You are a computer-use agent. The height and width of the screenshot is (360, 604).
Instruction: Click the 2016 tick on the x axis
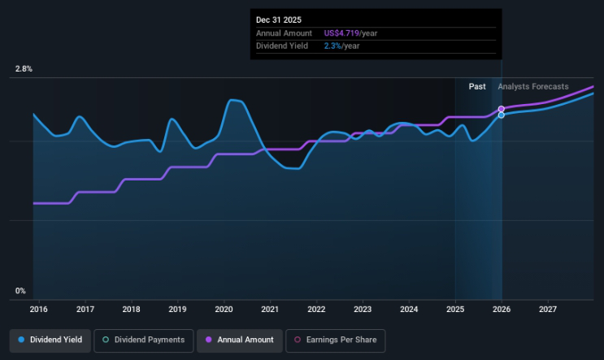[39, 310]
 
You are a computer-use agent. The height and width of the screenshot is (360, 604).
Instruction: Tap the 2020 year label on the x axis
[224, 310]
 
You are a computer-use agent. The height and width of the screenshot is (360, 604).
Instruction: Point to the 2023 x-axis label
[363, 310]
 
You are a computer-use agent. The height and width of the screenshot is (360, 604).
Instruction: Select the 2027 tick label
[548, 310]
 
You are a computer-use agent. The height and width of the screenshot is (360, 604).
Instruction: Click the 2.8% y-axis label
[23, 69]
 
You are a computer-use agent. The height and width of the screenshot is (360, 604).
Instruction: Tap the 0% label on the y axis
[20, 291]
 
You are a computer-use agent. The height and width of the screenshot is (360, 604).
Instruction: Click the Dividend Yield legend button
[50, 340]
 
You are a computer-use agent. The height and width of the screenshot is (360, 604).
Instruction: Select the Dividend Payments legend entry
[143, 340]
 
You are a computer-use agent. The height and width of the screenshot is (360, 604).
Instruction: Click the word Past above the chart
[477, 86]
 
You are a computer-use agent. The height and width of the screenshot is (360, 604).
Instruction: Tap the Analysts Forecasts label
[533, 86]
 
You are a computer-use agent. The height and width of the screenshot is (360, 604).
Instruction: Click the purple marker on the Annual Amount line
[502, 109]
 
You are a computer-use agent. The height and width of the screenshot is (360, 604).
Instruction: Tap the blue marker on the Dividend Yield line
[502, 115]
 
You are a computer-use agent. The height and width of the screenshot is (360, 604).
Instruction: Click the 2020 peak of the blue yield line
[233, 100]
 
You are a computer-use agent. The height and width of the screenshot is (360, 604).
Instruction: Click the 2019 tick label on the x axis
[178, 310]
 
